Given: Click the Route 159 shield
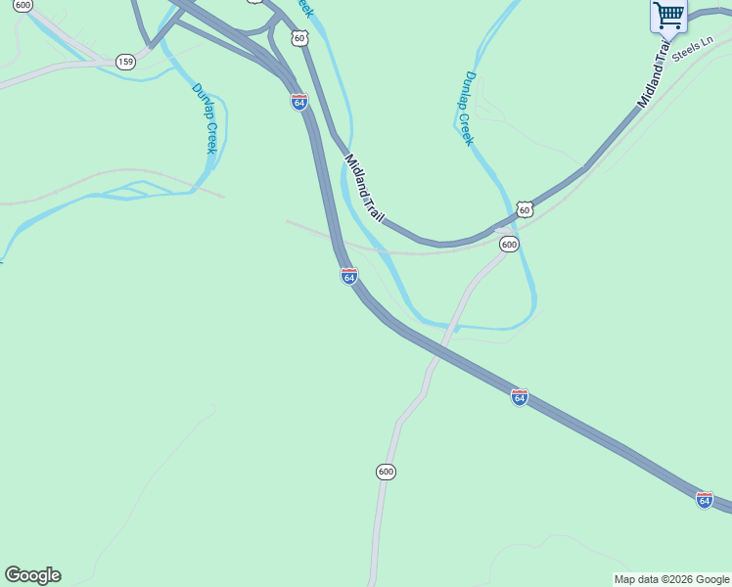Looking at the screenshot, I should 125,62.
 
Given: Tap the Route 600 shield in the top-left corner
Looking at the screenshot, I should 23,5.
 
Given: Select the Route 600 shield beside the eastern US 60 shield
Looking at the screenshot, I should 509,244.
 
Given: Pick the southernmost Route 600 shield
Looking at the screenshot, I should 386,472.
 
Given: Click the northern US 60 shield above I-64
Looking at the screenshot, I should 299,38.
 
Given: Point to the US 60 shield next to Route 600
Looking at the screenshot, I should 526,209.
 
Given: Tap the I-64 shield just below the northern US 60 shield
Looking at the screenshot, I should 299,102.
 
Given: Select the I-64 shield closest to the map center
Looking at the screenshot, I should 349,276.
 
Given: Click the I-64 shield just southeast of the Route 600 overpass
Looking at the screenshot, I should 520,396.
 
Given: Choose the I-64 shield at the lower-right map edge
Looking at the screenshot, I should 705,499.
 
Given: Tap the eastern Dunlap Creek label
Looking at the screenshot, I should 469,109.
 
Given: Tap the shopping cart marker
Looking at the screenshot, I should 668,16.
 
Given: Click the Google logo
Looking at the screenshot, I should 32,575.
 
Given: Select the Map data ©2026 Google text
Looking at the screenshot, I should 671,579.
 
